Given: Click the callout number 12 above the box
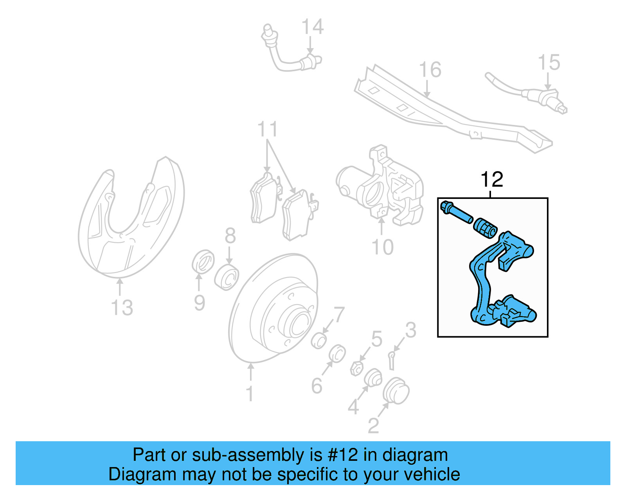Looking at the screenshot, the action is pyautogui.click(x=491, y=180).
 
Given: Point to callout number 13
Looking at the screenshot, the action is pyautogui.click(x=122, y=308).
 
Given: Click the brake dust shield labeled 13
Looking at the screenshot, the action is pyautogui.click(x=129, y=219).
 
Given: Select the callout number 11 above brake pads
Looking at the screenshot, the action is pyautogui.click(x=268, y=130).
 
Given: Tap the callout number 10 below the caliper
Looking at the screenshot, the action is pyautogui.click(x=382, y=247).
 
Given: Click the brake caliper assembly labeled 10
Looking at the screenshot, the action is pyautogui.click(x=383, y=186).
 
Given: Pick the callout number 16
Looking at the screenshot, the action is pyautogui.click(x=430, y=70).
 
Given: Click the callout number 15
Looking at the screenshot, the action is pyautogui.click(x=549, y=63).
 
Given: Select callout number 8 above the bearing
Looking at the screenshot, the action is pyautogui.click(x=230, y=236).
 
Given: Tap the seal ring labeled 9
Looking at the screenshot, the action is pyautogui.click(x=203, y=261).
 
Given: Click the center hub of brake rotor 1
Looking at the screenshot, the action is pyautogui.click(x=297, y=323).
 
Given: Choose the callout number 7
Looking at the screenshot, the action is pyautogui.click(x=339, y=314).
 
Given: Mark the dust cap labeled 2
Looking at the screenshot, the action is pyautogui.click(x=396, y=391).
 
